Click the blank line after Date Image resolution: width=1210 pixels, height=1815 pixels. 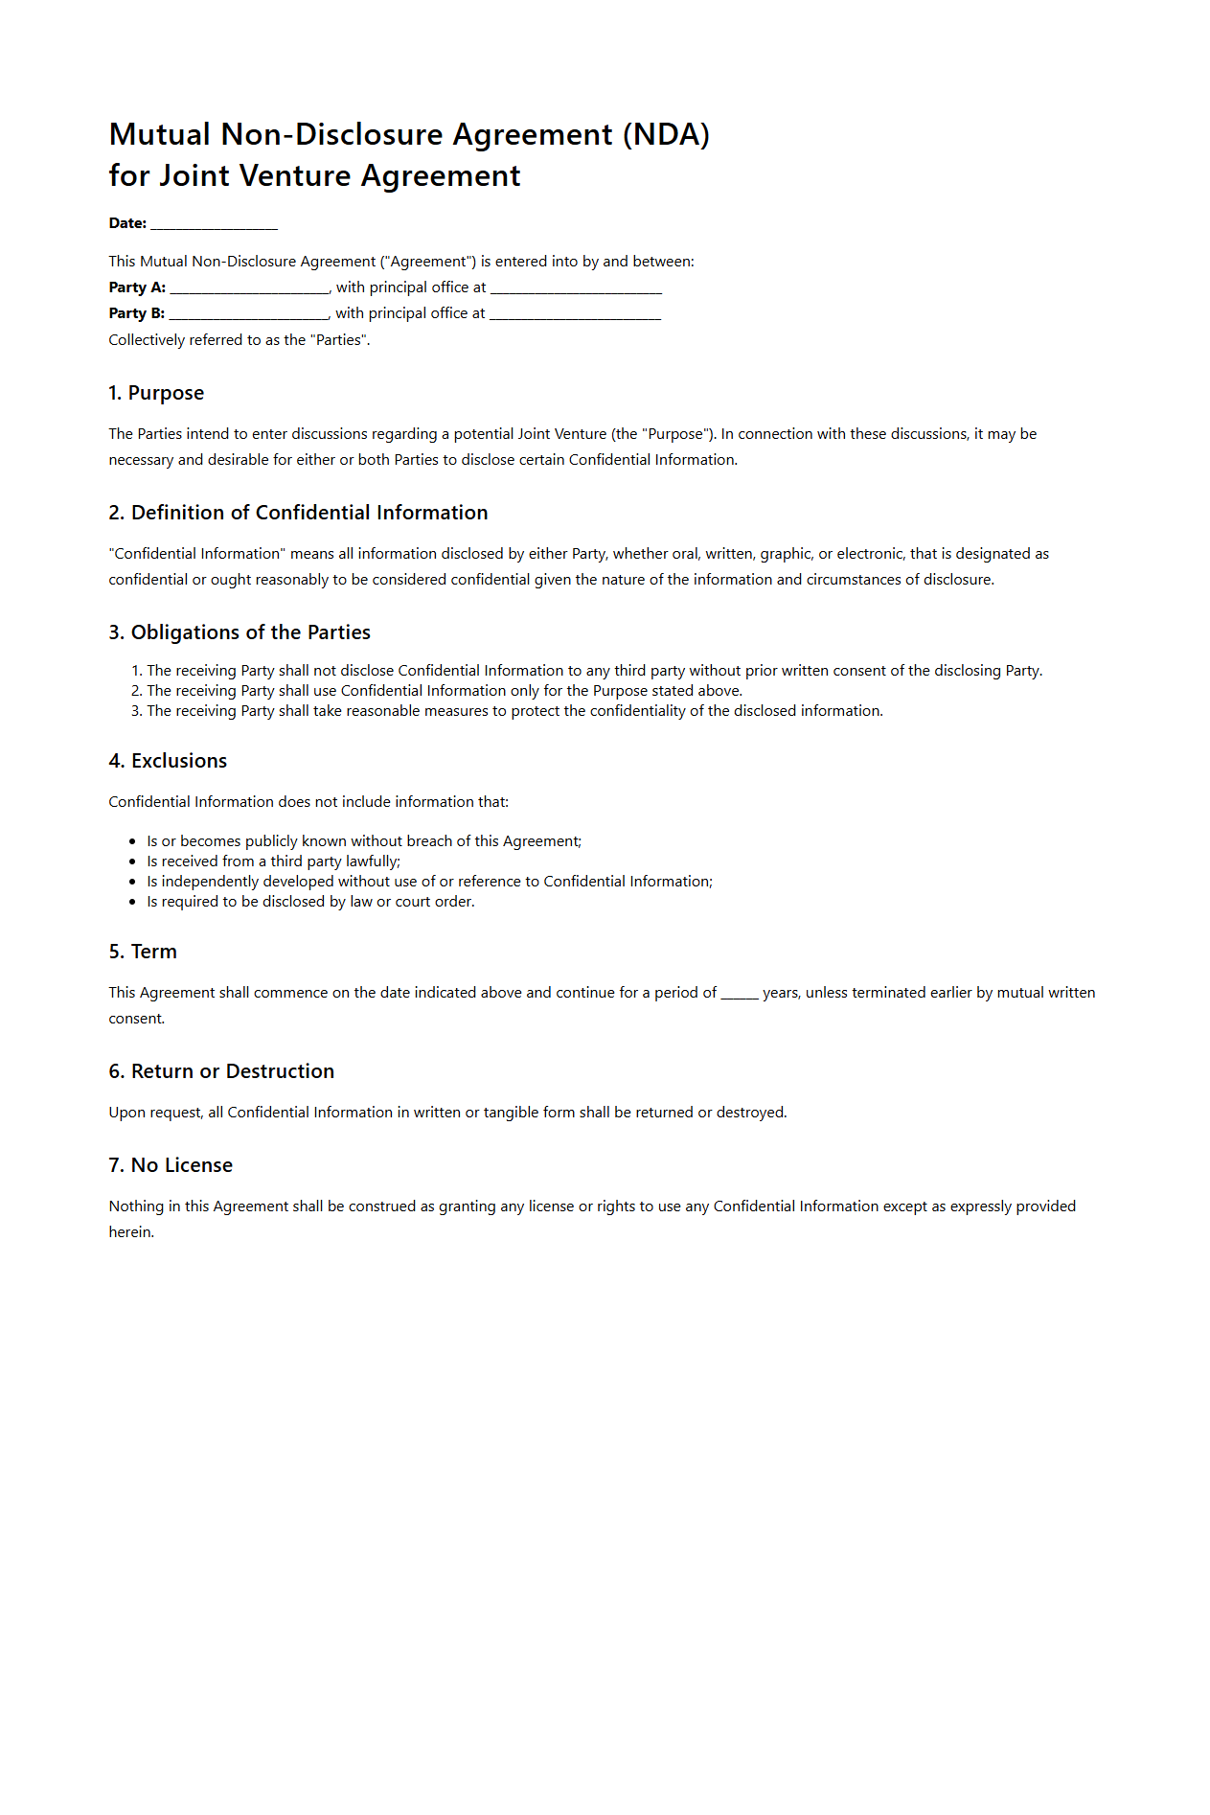coord(214,224)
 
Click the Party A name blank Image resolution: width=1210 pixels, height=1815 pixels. coord(249,288)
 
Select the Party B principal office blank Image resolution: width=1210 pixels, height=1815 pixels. coord(575,314)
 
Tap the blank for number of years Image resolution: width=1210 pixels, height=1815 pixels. coord(739,994)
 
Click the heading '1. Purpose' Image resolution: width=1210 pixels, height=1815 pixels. coord(156,393)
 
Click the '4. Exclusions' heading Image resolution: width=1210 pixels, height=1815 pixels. coord(168,761)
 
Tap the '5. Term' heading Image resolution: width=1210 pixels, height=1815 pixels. coord(143,952)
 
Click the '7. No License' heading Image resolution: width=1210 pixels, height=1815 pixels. coord(171,1165)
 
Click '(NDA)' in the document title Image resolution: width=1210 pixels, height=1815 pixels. coord(666,135)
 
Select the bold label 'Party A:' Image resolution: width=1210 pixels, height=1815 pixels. coord(137,287)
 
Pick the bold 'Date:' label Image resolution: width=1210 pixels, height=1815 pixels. coord(127,223)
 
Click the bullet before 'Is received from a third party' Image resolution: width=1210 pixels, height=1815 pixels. coord(132,862)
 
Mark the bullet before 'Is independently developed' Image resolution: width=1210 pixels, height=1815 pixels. coord(132,882)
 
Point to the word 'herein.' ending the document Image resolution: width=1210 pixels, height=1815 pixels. coord(131,1232)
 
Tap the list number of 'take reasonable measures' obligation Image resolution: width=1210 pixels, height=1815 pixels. coord(136,711)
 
